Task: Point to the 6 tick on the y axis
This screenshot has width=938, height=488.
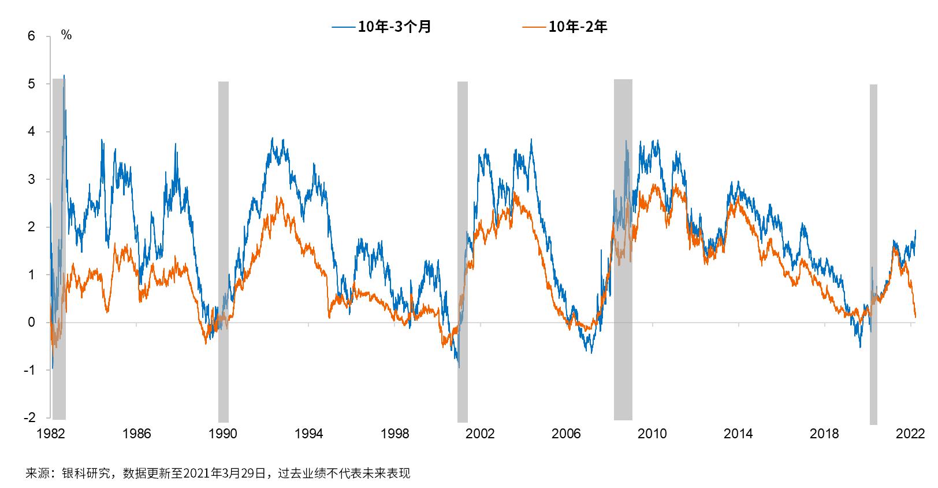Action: pos(31,36)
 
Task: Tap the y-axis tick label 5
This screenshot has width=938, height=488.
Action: pos(31,84)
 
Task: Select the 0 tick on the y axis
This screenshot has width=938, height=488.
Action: pos(31,323)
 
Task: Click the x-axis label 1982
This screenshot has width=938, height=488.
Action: pos(51,434)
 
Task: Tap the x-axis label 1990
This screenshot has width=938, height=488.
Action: pos(223,434)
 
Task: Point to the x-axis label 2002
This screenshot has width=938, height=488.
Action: pos(481,434)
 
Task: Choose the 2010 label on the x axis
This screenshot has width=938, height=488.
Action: pos(652,434)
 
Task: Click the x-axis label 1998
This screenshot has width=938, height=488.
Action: pos(394,434)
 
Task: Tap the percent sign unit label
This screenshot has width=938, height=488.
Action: pos(66,36)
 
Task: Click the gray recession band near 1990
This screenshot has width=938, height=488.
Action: pos(223,249)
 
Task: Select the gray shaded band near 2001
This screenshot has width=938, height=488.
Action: pos(462,249)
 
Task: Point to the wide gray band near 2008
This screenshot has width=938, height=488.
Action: pos(623,249)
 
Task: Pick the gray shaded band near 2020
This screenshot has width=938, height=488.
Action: pos(873,249)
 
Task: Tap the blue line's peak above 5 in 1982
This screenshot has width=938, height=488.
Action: pos(64,76)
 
